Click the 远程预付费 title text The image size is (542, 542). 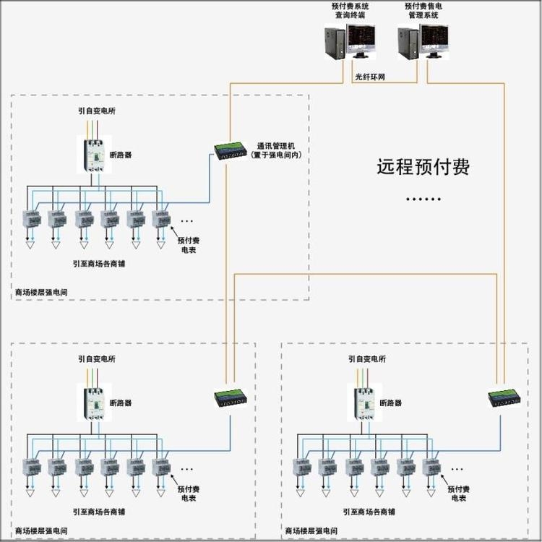423,168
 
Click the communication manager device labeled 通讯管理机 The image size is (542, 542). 229,150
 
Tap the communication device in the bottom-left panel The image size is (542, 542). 229,397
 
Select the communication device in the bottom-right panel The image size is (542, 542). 500,397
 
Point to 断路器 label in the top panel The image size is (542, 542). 121,155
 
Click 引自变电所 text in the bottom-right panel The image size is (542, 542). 367,358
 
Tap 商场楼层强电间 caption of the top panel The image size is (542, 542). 41,293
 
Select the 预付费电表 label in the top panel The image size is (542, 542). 189,244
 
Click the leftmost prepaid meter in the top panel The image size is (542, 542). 32,218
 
